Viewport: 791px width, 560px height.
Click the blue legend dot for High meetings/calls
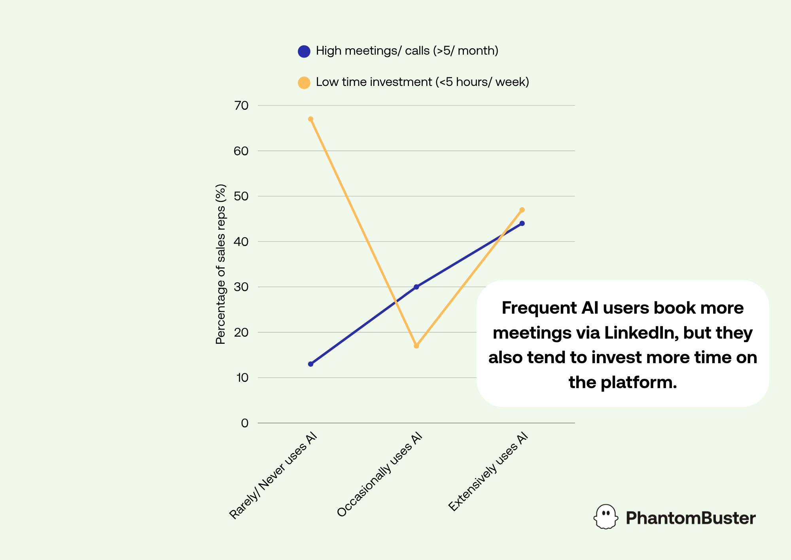point(304,51)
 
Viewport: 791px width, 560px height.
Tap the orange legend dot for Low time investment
point(304,83)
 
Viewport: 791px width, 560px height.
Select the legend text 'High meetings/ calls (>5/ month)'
point(407,51)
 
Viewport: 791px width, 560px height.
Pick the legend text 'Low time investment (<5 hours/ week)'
point(422,82)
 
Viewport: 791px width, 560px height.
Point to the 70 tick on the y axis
point(241,105)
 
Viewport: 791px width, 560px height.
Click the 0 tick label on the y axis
point(245,423)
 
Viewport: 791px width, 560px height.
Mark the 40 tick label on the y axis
point(241,242)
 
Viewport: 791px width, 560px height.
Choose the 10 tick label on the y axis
point(242,377)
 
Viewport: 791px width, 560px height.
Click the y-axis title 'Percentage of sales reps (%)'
point(221,264)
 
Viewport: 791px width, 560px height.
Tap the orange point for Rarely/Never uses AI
point(310,119)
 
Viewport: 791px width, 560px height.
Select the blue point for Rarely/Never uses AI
point(310,364)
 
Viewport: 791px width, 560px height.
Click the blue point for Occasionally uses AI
point(416,287)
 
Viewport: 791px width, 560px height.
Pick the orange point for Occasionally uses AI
point(416,346)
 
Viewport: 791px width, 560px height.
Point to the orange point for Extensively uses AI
point(522,210)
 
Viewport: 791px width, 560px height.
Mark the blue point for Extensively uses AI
point(522,223)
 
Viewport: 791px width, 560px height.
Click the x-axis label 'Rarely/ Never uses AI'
point(273,475)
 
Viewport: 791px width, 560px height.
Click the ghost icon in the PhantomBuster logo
point(606,516)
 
